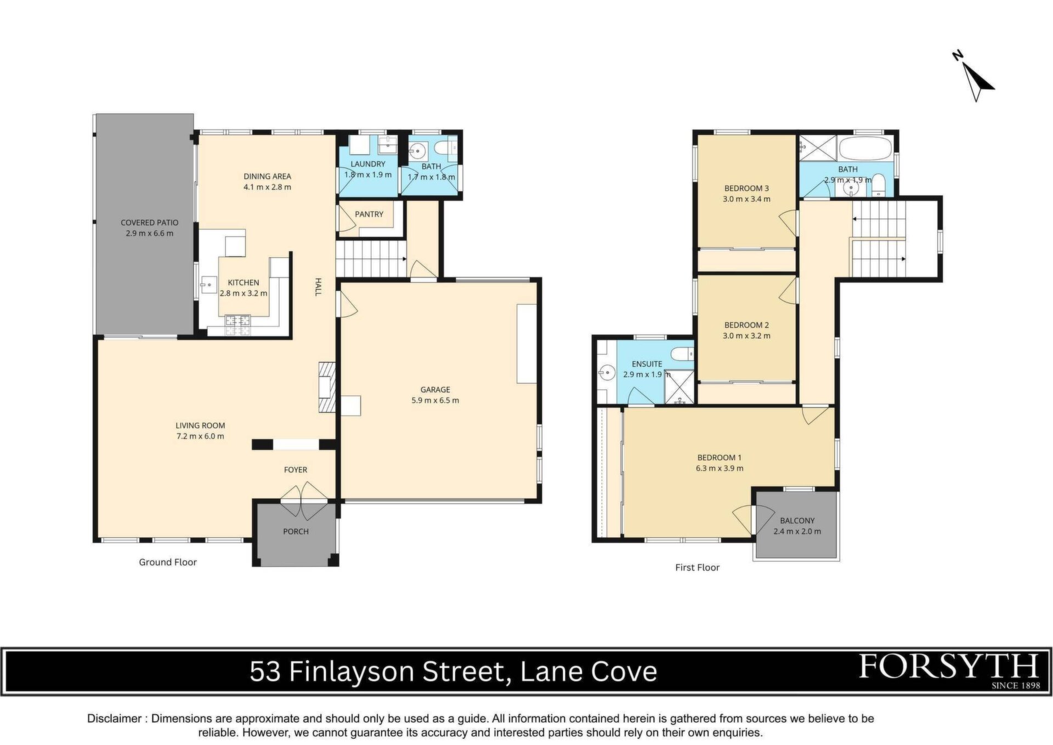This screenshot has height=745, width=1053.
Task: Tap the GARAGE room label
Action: tap(435, 390)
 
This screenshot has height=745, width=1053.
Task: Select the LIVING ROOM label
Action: tap(200, 425)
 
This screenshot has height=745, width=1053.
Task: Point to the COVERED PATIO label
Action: tap(150, 223)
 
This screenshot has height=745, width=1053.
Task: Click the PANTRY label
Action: tap(369, 214)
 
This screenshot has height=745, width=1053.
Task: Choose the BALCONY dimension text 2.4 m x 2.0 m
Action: tap(797, 531)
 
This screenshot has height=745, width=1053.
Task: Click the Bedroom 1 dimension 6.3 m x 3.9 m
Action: tap(720, 468)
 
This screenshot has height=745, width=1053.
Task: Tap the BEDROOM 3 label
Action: tap(746, 189)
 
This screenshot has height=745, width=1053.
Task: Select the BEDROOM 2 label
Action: tap(746, 325)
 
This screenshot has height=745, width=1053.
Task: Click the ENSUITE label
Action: tap(647, 364)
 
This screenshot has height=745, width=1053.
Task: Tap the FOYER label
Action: tap(296, 470)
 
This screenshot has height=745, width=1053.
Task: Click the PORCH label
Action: tap(296, 531)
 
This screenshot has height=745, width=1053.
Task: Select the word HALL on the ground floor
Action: tap(318, 287)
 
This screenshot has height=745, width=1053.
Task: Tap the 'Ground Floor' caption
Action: tap(168, 562)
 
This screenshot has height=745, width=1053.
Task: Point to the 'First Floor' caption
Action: tap(697, 567)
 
